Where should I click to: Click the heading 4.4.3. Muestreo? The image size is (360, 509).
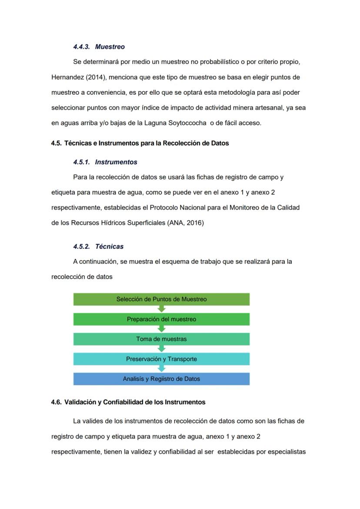(x=99, y=47)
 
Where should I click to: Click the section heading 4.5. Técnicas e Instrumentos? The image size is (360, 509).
(x=140, y=143)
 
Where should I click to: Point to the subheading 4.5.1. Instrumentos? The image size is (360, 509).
(x=105, y=162)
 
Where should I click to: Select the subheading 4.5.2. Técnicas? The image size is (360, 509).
(x=98, y=246)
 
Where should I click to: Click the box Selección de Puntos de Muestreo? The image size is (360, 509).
(x=161, y=299)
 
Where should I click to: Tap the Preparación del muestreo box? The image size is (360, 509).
(x=161, y=319)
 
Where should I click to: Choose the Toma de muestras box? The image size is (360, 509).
(x=161, y=339)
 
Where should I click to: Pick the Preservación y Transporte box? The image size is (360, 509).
(x=161, y=359)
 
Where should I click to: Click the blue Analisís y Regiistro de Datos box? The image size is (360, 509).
(x=161, y=379)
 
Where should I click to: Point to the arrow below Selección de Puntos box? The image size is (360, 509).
(x=162, y=309)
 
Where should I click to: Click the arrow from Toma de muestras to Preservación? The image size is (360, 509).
(x=162, y=349)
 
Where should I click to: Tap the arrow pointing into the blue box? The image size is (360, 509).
(x=162, y=369)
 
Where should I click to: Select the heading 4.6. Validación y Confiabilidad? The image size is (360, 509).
(x=128, y=402)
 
